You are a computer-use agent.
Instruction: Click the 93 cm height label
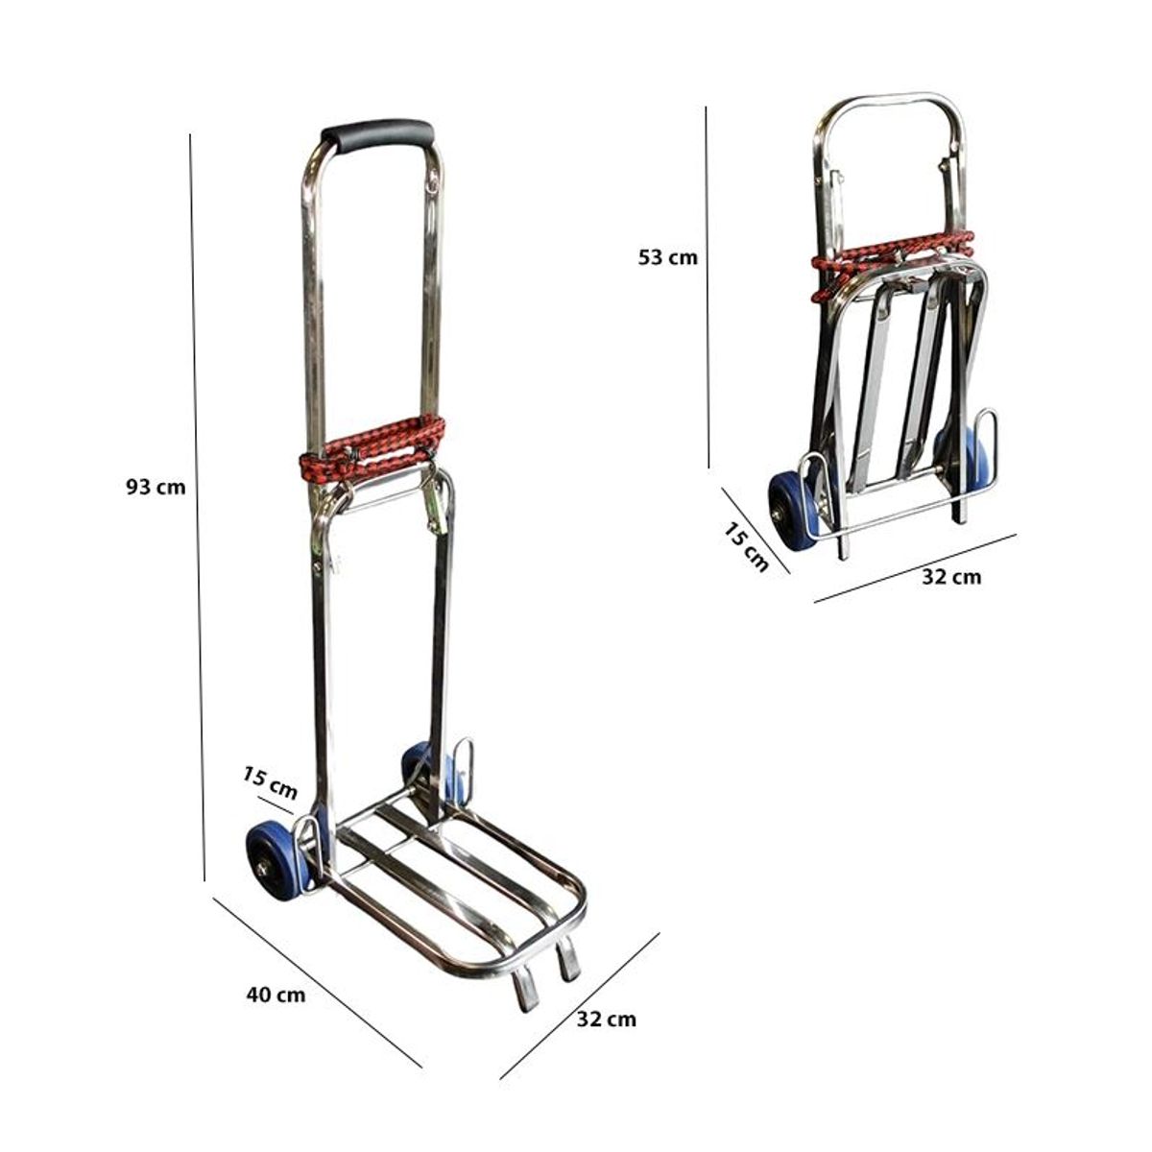156,488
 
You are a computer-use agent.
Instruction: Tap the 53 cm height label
668,257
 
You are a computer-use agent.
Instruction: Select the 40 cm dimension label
276,995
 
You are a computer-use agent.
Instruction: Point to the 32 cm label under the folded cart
951,576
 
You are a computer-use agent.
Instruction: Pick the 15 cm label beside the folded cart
746,546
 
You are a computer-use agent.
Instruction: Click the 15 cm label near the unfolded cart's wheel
270,783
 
